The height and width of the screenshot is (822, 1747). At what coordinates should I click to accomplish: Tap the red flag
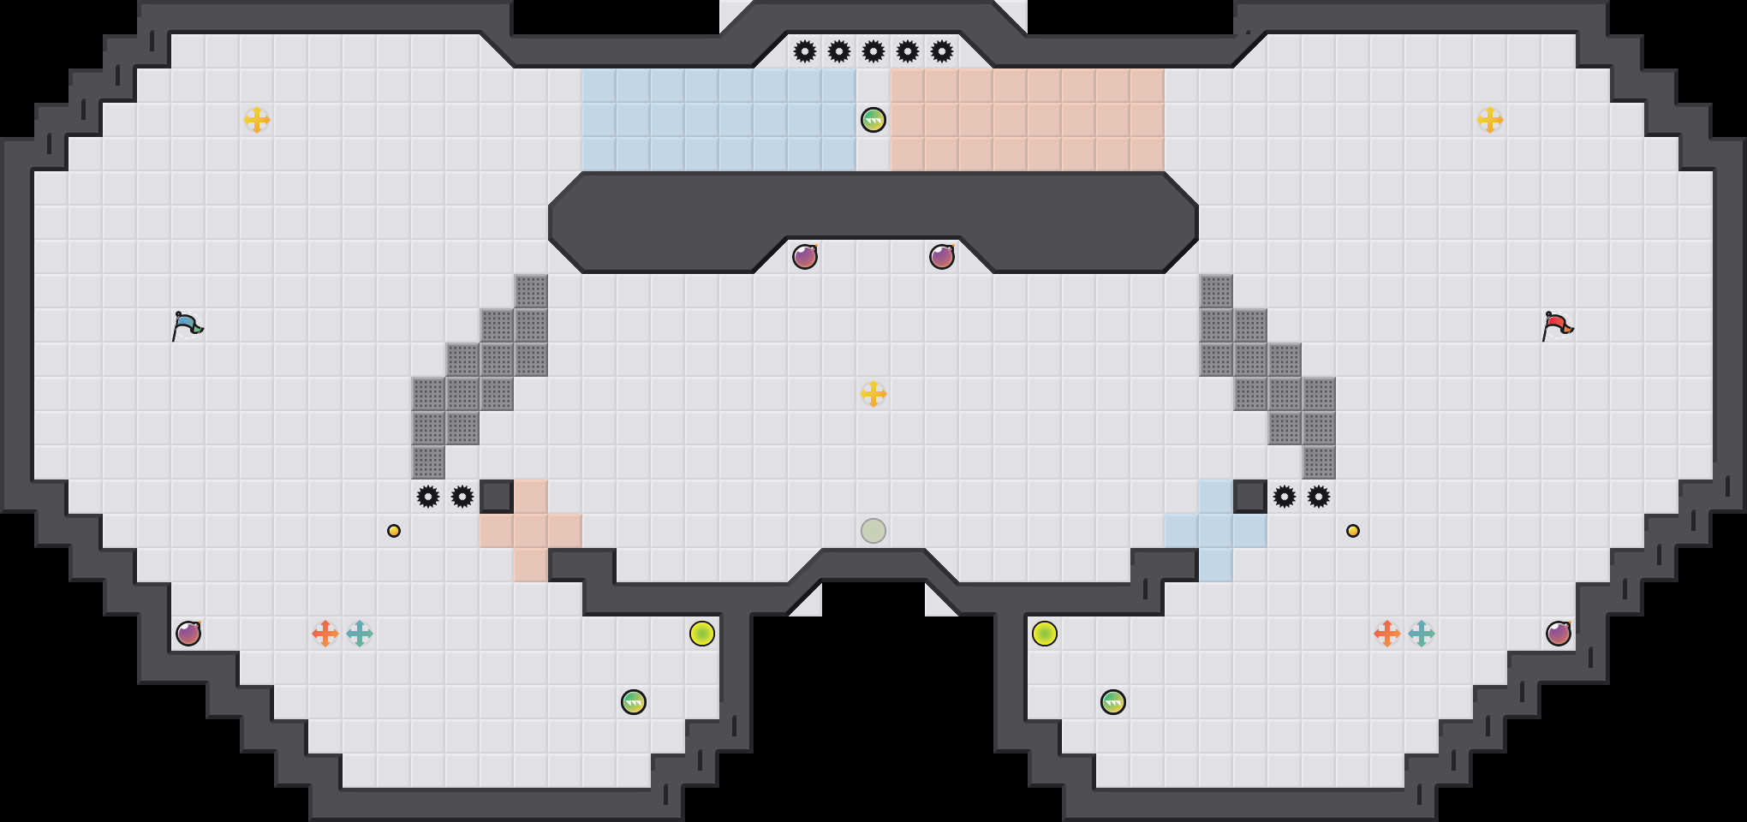pos(1557,326)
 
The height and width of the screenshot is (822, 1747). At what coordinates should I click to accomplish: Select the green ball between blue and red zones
pos(873,120)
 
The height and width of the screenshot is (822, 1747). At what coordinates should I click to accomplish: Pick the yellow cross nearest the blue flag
pos(257,120)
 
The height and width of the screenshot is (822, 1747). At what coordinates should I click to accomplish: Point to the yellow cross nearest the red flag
pos(1490,120)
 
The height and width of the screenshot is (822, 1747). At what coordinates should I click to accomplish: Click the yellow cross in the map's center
pos(873,394)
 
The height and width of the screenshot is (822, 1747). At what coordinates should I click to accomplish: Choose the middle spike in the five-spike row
pos(873,51)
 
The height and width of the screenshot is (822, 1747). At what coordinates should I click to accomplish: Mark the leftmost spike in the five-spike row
pos(805,51)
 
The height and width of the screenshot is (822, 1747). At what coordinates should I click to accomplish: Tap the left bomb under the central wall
pos(805,257)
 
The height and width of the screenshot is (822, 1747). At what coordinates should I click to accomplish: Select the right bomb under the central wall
pos(942,257)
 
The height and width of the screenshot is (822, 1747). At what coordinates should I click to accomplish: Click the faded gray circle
pos(873,531)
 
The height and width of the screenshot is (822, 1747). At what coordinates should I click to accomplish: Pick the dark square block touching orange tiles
pos(497,497)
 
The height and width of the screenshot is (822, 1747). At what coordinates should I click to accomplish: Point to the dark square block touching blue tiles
pos(1250,497)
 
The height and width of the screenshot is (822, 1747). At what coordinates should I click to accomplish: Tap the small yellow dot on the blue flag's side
pos(394,531)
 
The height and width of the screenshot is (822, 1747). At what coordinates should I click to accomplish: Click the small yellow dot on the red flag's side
pos(1353,531)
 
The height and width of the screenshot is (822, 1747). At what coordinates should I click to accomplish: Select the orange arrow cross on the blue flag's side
pos(325,634)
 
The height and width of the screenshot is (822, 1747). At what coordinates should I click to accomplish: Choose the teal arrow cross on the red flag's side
pos(1422,634)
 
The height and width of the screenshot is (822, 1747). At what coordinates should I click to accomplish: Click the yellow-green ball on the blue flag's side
pos(702,634)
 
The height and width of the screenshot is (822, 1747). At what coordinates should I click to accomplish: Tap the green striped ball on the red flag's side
pos(1113,702)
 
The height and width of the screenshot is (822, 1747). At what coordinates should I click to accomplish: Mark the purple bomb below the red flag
pos(1559,634)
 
